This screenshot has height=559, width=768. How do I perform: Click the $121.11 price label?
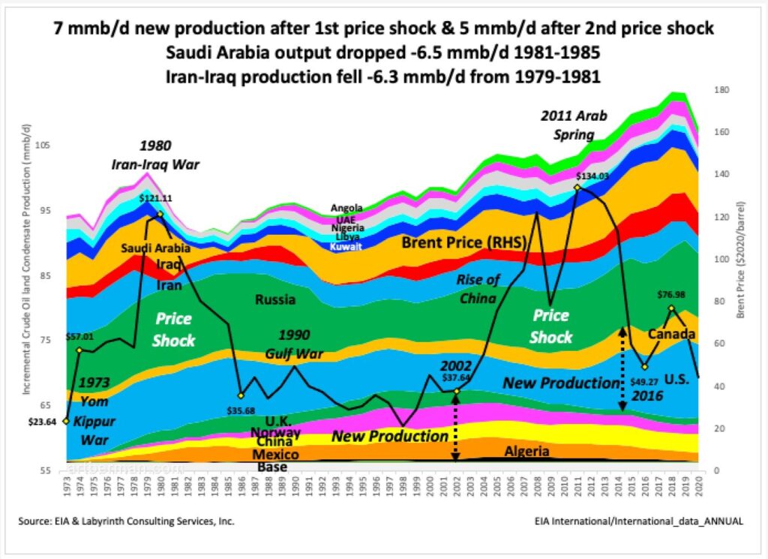(155, 199)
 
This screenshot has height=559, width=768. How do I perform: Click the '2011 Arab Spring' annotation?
(574, 125)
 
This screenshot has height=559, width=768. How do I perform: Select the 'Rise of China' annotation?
(478, 288)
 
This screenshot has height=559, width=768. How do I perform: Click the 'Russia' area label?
(274, 299)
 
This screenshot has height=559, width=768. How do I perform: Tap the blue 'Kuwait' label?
(346, 246)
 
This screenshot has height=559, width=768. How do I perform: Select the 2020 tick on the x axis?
(699, 491)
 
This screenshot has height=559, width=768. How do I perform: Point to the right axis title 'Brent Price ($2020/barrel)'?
(742, 260)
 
